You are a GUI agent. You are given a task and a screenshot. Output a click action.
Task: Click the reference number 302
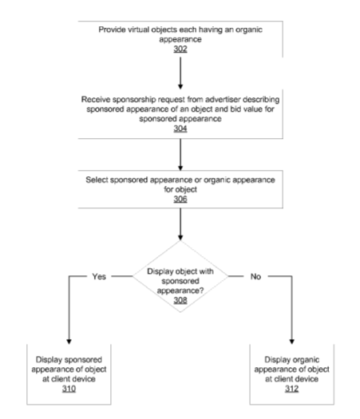click(x=180, y=49)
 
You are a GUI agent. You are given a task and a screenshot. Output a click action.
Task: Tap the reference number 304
click(x=180, y=128)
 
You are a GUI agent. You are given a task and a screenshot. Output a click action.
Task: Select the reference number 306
click(x=180, y=199)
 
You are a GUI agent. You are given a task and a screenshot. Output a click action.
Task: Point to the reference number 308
click(x=180, y=300)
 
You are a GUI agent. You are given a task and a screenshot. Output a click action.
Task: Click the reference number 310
click(x=69, y=389)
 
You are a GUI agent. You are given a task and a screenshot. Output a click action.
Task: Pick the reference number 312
click(x=291, y=389)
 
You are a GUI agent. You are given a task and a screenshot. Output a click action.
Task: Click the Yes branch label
click(x=99, y=277)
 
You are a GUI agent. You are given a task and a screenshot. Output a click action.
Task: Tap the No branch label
click(x=255, y=277)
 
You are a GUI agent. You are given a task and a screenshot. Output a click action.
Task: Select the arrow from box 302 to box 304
click(x=180, y=73)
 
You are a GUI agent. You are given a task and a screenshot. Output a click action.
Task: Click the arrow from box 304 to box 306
click(x=180, y=155)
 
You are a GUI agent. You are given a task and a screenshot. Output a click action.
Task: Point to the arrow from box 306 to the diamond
click(x=180, y=224)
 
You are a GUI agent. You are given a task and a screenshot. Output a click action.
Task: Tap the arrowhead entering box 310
click(x=69, y=342)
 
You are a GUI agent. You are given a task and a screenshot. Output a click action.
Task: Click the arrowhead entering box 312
click(x=292, y=342)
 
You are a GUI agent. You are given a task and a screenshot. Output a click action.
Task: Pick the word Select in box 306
click(x=97, y=180)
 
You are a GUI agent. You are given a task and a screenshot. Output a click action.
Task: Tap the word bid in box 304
click(x=235, y=109)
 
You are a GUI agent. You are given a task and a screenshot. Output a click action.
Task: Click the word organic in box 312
click(x=306, y=360)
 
